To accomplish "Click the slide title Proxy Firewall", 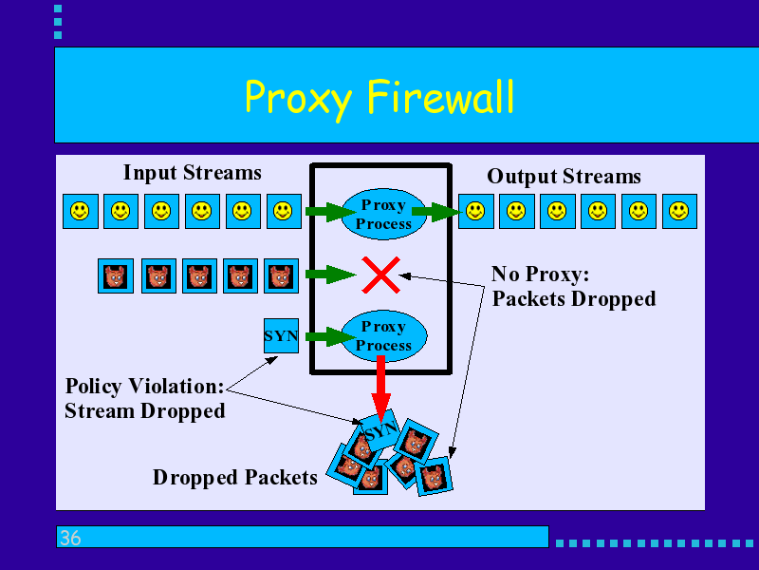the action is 379,98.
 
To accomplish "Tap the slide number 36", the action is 70,538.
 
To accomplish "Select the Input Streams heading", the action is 193,173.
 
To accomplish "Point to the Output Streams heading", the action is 564,177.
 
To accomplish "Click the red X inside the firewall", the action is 381,275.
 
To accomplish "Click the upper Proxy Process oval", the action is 384,214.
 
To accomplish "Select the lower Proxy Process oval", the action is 384,335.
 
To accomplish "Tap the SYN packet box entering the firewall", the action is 281,336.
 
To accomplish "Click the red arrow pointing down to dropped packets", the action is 381,388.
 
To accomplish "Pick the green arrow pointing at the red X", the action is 331,275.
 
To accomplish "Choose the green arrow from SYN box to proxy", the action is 331,336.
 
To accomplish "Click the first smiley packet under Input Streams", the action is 81,211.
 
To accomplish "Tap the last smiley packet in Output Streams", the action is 679,211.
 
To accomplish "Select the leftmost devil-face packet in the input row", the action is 116,276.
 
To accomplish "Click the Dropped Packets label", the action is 235,478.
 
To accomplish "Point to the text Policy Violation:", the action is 145,387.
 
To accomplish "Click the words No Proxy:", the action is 541,275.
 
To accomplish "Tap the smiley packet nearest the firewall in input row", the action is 284,211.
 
